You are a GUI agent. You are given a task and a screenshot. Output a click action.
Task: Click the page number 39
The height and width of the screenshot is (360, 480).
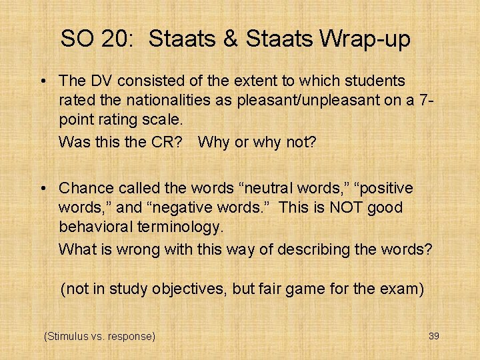(433, 336)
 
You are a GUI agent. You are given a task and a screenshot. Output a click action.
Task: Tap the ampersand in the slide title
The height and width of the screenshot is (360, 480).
(231, 39)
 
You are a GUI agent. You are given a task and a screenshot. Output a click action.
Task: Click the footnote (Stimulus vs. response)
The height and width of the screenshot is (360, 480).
(99, 336)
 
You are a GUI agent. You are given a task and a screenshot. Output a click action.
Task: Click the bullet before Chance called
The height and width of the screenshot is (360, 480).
(43, 189)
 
